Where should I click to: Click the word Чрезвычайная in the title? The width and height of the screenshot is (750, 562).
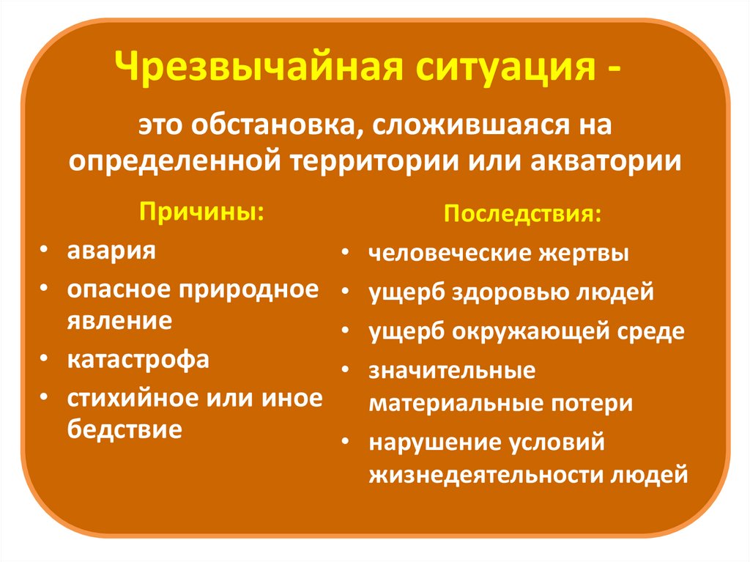click(259, 67)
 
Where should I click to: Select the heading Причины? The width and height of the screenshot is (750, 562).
click(201, 211)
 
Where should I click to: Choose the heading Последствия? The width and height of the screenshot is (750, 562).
click(522, 213)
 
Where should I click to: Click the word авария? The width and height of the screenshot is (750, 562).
click(111, 251)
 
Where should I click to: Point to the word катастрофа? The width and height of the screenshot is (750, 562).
click(138, 360)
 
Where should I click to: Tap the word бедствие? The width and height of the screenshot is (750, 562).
click(125, 429)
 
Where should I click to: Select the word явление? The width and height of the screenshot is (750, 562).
click(119, 321)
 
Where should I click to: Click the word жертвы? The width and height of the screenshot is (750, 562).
click(584, 254)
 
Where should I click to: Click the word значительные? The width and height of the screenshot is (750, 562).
click(452, 371)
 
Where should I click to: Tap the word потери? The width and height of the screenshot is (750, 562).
click(591, 404)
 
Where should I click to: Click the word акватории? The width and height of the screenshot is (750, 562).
click(606, 161)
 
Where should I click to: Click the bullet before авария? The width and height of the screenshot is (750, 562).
click(44, 250)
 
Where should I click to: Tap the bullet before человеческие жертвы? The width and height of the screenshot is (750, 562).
click(346, 253)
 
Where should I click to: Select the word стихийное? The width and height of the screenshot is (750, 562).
click(129, 399)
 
